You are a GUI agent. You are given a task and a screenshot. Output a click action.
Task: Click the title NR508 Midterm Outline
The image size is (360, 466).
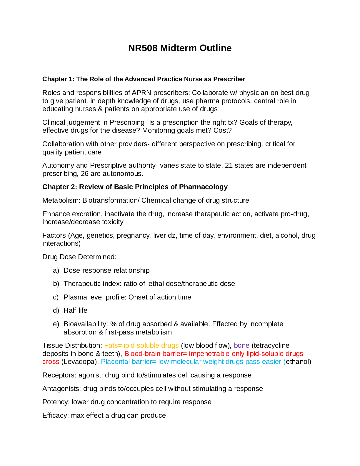point(180,48)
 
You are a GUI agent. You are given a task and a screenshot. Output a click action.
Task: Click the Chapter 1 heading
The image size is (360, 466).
point(144,79)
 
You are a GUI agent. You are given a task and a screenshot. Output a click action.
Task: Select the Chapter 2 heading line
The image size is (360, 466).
point(135,187)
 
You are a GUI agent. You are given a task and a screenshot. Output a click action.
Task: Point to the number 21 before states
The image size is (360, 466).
point(229,165)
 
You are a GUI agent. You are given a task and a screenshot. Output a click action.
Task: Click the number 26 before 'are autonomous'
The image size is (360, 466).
point(85,174)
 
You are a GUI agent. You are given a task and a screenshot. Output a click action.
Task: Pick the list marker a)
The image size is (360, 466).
point(56,270)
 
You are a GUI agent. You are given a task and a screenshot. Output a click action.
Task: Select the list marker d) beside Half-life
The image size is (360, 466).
point(56,311)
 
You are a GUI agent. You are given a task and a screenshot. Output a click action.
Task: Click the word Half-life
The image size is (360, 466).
point(76,311)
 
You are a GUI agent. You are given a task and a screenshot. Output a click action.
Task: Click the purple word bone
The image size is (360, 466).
point(242,345)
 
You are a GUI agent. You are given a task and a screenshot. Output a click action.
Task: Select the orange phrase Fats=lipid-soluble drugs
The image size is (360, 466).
point(141,345)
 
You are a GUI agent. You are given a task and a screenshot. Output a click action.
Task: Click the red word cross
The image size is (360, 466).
point(51,362)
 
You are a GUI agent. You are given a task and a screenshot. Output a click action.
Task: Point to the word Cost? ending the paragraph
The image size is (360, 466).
point(223,130)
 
